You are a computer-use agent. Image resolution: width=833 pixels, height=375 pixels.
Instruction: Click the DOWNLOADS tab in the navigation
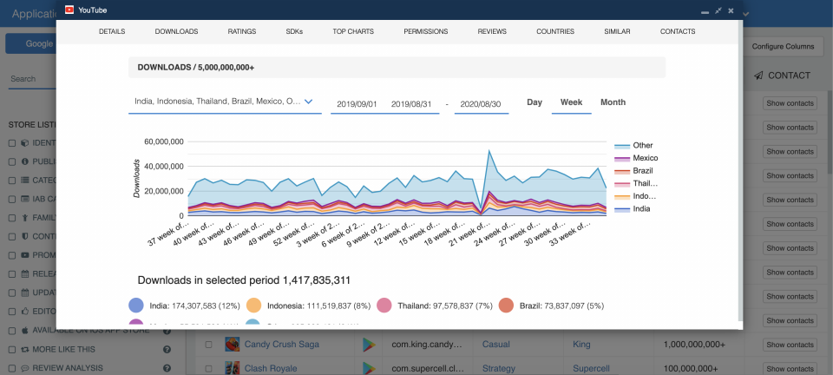[176, 31]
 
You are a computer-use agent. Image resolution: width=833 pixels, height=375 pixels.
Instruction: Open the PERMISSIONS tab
[425, 31]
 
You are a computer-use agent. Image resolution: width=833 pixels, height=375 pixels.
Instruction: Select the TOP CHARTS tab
[353, 31]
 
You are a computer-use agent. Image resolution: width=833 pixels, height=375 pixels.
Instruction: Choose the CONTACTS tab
[677, 31]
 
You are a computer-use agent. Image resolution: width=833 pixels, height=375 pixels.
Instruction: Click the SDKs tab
[294, 31]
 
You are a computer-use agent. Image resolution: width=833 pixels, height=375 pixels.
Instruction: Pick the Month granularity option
[613, 102]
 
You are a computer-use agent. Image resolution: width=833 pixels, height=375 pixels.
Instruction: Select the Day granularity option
[535, 102]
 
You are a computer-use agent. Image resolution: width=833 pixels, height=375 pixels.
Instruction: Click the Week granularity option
[571, 102]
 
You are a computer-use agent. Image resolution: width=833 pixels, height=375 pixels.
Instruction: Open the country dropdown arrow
[308, 102]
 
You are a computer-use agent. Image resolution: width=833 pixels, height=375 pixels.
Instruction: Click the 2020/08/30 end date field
[481, 103]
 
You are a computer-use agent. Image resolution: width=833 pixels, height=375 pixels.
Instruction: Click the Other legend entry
[642, 145]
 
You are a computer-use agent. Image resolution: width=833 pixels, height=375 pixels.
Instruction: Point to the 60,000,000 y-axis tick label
[163, 141]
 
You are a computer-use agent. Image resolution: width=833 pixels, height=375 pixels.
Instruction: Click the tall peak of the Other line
[490, 151]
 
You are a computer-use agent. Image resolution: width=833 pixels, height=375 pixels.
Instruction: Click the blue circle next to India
[135, 306]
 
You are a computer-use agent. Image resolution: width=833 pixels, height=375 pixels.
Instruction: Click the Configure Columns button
[783, 45]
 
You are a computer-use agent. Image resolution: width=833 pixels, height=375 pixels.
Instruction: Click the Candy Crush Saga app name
[281, 345]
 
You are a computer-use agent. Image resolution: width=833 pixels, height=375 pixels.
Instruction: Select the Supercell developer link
[593, 368]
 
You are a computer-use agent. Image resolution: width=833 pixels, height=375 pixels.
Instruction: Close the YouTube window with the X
[731, 10]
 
